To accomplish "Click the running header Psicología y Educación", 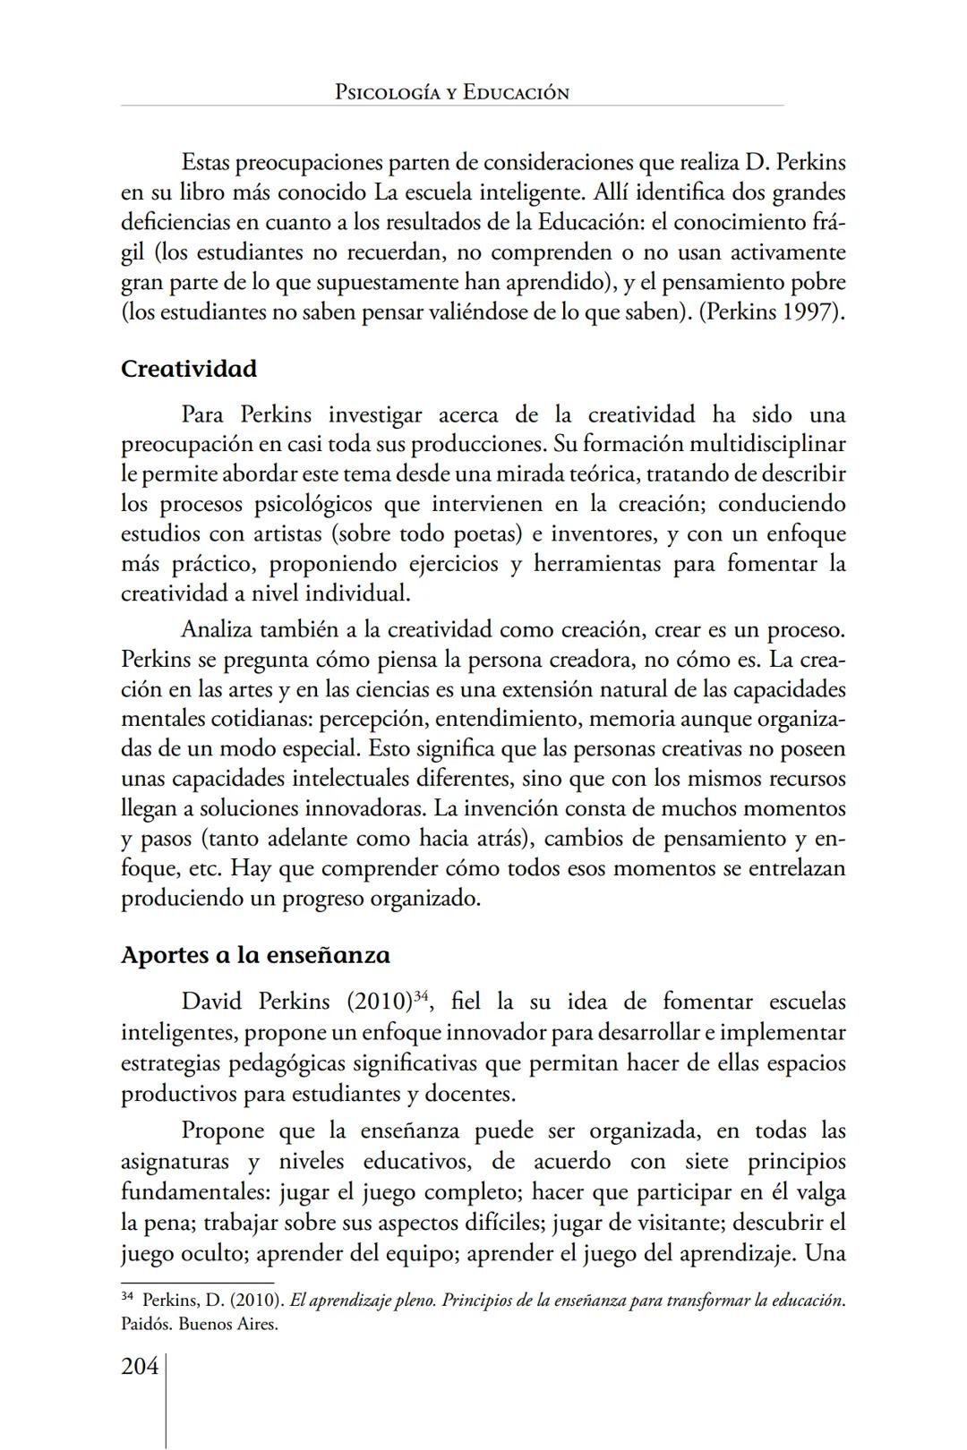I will (451, 92).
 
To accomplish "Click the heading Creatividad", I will (188, 369).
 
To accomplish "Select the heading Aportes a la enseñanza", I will (255, 955).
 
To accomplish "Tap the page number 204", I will (139, 1367).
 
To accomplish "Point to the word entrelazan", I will (794, 868).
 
